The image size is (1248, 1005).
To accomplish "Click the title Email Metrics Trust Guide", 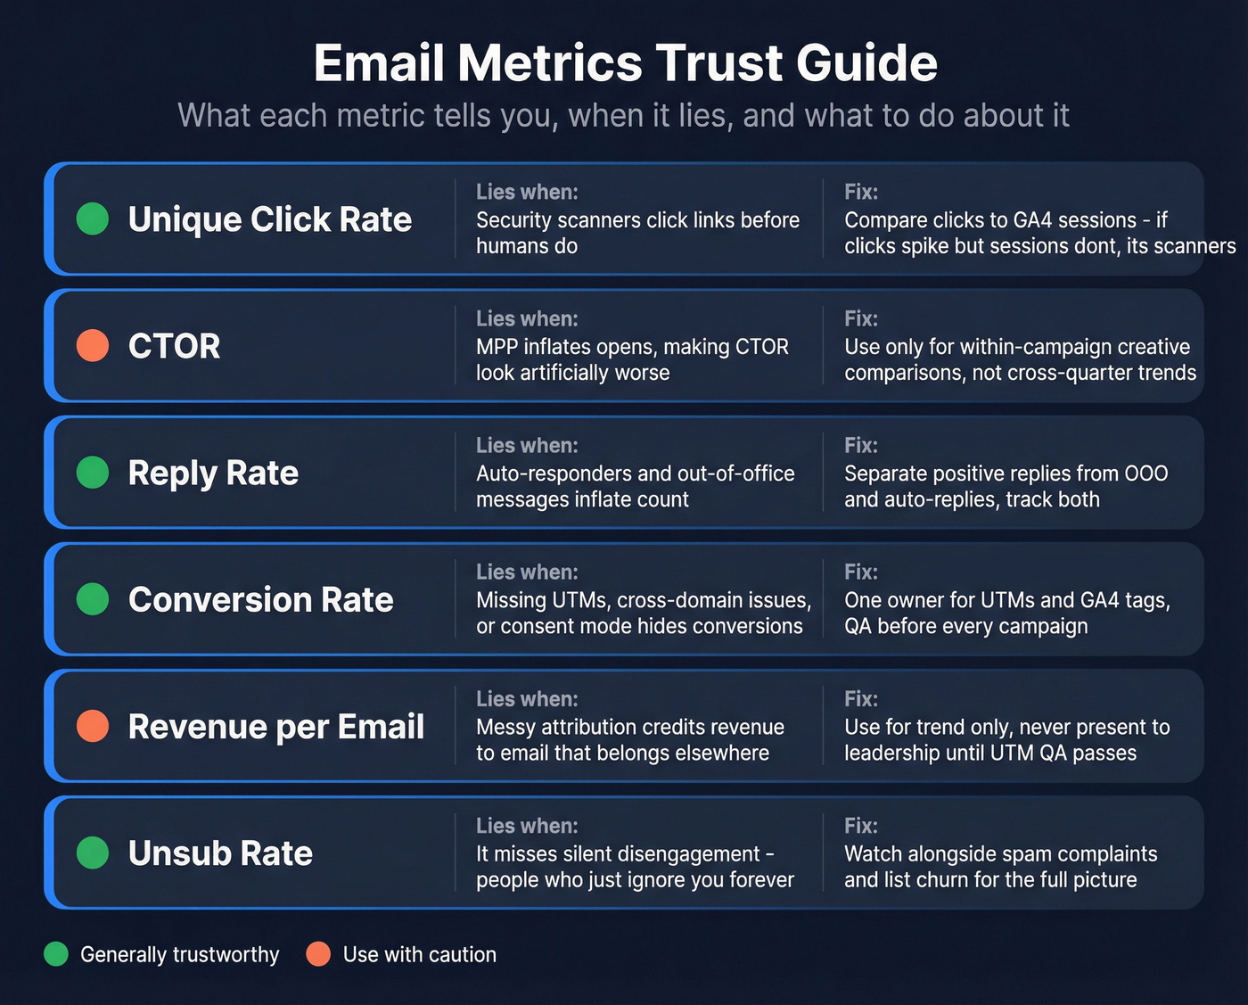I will pos(625,63).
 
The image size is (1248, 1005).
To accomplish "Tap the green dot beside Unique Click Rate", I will pos(93,218).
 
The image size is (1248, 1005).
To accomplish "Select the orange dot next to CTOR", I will pos(93,345).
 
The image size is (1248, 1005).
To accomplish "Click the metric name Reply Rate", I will pos(213,473).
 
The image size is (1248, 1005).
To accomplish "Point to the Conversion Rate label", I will pos(260,599).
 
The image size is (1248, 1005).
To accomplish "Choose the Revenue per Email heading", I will pos(275,727).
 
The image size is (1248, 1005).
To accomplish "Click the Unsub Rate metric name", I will pos(220,853).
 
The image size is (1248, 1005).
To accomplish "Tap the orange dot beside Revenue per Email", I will pos(93,726).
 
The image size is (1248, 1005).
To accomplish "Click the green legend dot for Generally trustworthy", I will pos(56,954).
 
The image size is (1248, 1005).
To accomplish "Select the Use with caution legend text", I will pos(419,954).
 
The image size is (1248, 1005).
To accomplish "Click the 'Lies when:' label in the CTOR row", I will pos(527,318).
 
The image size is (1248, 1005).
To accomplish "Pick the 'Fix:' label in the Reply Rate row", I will pos(861,445).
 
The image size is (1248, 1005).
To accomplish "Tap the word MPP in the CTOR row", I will pos(497,347).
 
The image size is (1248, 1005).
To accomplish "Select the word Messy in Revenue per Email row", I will pos(505,727).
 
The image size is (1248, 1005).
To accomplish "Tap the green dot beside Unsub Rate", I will pos(93,853).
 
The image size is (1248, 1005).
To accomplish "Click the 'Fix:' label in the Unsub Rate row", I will pos(861,826).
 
